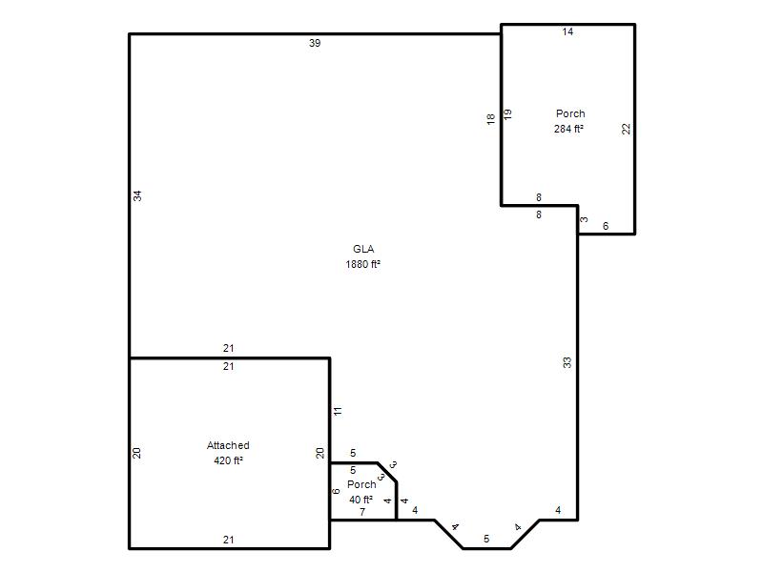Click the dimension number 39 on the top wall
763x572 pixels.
pos(315,43)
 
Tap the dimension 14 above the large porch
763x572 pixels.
pos(567,31)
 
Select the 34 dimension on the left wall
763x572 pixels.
pos(137,196)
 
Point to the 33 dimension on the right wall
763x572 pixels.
pos(567,362)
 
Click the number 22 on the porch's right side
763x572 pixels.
pos(627,129)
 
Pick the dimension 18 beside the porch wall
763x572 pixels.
pos(490,119)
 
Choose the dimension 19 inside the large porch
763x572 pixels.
pos(507,114)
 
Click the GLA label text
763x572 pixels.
pos(363,249)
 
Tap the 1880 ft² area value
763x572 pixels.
pos(363,264)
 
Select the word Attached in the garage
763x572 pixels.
pos(228,445)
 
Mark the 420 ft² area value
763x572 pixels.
pos(228,460)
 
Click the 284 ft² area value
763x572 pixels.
pos(568,129)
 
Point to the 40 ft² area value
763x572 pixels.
pos(361,500)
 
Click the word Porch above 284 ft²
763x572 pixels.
pos(570,113)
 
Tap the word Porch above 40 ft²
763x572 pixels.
pos(361,484)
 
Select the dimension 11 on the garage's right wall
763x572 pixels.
pos(338,411)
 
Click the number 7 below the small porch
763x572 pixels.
pos(362,512)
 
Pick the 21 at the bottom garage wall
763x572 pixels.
pos(229,540)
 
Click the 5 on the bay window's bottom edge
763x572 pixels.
pos(486,539)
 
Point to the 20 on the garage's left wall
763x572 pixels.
pos(136,453)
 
